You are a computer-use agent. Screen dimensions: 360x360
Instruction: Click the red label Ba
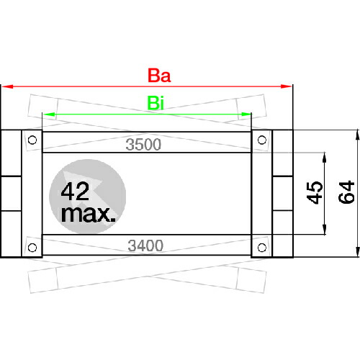(x=159, y=76)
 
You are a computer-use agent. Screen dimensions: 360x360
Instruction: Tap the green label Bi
(x=156, y=103)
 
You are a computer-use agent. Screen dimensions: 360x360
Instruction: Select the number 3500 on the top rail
(x=143, y=145)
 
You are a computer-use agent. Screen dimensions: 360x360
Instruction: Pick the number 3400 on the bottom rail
(x=145, y=246)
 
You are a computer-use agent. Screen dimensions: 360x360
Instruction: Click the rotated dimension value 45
(x=315, y=193)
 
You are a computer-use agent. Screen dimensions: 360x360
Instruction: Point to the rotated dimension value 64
(x=346, y=192)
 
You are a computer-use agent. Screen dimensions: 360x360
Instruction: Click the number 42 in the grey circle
(x=75, y=192)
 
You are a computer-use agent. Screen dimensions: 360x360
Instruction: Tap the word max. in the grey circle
(x=88, y=214)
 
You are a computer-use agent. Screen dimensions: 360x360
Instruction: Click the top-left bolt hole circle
(x=32, y=140)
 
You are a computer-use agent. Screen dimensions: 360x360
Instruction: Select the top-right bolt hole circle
(x=262, y=140)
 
